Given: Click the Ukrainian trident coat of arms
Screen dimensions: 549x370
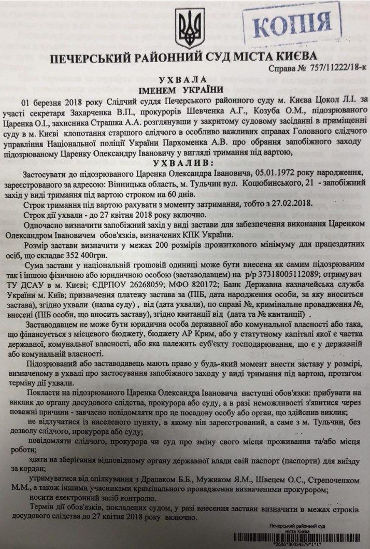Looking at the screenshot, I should pos(184,30).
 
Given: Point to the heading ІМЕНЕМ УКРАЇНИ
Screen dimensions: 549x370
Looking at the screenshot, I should pos(183,89).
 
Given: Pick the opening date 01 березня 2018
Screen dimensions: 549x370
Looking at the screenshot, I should pos(58,99).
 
